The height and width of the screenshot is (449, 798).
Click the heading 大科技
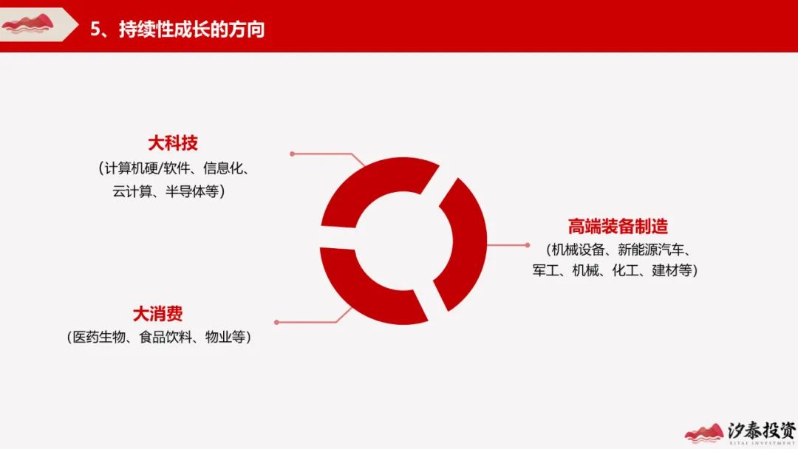pyautogui.click(x=172, y=143)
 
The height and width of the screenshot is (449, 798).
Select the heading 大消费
pyautogui.click(x=158, y=314)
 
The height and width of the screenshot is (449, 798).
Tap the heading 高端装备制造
pyautogui.click(x=618, y=226)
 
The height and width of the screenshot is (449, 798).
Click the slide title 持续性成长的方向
pyautogui.click(x=192, y=29)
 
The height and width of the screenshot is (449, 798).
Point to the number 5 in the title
pyautogui.click(x=95, y=29)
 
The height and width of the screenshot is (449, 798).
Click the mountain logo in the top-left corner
pyautogui.click(x=28, y=24)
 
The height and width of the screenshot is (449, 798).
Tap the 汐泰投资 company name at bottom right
pyautogui.click(x=761, y=430)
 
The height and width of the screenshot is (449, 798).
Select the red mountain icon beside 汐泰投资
pyautogui.click(x=704, y=433)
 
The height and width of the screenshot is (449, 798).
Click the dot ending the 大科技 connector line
pyautogui.click(x=292, y=154)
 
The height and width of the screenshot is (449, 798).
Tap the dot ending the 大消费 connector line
pyautogui.click(x=276, y=322)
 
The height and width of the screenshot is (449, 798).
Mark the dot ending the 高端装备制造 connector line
pyautogui.click(x=528, y=245)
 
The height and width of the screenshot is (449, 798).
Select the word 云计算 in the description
pyautogui.click(x=132, y=191)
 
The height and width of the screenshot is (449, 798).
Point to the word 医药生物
pyautogui.click(x=99, y=337)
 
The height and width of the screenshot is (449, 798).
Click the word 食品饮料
pyautogui.click(x=166, y=337)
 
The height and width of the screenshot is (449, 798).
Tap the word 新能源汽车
pyautogui.click(x=651, y=250)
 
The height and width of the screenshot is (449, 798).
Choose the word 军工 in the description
pyautogui.click(x=545, y=270)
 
